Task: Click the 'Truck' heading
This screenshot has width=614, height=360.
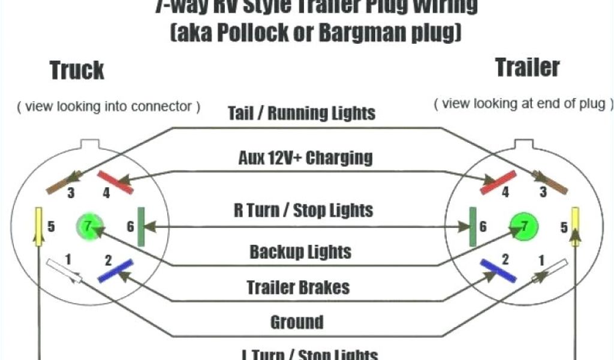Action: point(77,70)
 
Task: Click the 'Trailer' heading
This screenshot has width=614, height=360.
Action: point(527,67)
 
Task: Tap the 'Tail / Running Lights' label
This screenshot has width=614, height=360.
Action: point(302,113)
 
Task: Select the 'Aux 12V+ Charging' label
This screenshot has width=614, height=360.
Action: point(305,158)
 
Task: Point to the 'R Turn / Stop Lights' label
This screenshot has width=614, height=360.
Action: point(303,210)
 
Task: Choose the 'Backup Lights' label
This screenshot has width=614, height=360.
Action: point(300,251)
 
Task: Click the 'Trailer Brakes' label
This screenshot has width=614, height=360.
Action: point(298,287)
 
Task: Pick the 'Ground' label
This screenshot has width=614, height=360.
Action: point(297,322)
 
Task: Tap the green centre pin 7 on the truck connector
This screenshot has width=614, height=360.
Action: point(88,226)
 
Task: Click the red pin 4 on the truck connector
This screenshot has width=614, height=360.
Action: point(116,182)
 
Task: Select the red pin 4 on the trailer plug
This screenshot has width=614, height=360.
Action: point(498,182)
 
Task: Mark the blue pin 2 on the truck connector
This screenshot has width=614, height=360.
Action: point(115,271)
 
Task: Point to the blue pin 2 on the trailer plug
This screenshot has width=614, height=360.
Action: point(498,271)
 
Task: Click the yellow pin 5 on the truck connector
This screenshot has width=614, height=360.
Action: point(39,227)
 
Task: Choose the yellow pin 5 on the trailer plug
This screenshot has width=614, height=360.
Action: point(575,226)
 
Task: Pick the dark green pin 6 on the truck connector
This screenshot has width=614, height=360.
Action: point(142,226)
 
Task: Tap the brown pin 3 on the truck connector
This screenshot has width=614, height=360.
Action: point(64,182)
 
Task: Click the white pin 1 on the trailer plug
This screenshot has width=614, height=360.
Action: point(549,271)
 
